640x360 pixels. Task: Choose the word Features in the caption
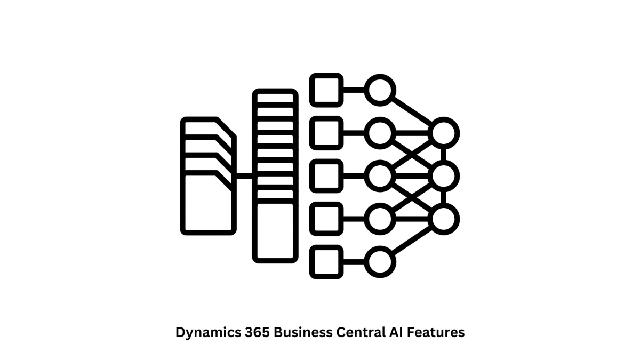coord(435,332)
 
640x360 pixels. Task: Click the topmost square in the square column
coord(326,89)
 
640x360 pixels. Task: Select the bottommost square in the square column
coord(326,262)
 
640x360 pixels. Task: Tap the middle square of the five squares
coord(326,175)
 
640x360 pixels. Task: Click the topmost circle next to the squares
coord(380,89)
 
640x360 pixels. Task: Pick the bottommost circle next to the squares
coord(380,262)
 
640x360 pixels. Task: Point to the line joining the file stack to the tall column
coord(244,175)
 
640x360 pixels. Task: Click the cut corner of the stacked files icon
coord(227,127)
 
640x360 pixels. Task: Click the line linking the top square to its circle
coord(353,89)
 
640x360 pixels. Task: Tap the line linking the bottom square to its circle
coord(353,262)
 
